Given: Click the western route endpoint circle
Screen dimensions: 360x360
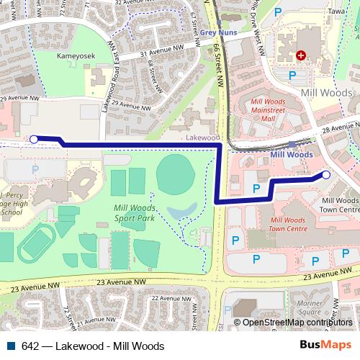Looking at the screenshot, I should (x=33, y=138).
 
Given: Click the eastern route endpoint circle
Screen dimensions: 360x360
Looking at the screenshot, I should (x=325, y=175).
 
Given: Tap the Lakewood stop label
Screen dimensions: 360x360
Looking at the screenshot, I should (x=202, y=136).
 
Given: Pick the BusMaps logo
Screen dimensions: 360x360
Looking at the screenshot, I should (x=326, y=345).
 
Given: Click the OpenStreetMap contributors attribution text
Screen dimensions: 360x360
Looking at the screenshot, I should (x=297, y=323).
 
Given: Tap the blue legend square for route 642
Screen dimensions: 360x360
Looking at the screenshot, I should (x=11, y=346).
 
